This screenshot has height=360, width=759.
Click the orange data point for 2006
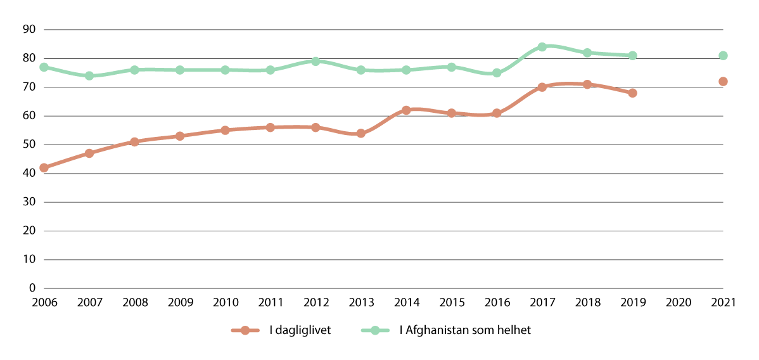click(x=44, y=168)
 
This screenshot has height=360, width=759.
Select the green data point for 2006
click(x=44, y=67)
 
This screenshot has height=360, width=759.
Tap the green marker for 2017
click(x=542, y=47)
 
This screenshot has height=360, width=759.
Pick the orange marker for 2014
click(x=406, y=110)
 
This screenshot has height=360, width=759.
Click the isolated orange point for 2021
click(x=723, y=82)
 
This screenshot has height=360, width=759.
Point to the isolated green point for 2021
click(x=723, y=56)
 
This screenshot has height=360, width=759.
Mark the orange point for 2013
click(x=361, y=133)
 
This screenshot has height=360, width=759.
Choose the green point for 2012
click(x=316, y=61)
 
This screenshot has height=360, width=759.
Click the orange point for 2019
click(x=632, y=93)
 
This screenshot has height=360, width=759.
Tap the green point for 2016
click(x=497, y=73)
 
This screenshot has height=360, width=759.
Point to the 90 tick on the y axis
click(x=29, y=30)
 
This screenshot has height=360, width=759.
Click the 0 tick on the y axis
click(x=32, y=288)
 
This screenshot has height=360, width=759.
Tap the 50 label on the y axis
click(x=29, y=145)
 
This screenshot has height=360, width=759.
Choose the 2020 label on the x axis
click(x=677, y=303)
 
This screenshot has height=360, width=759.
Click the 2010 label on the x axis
click(x=225, y=303)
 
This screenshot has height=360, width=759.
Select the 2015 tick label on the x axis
click(x=451, y=303)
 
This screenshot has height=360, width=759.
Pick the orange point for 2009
click(x=180, y=136)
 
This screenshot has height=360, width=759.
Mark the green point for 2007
click(x=89, y=76)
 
